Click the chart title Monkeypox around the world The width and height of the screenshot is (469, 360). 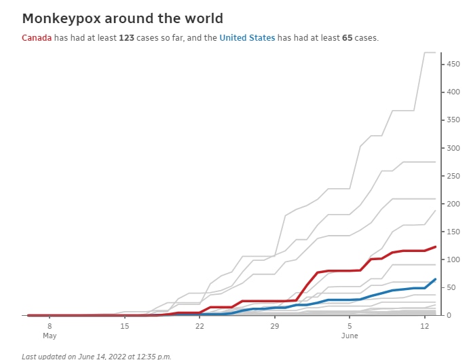(122, 18)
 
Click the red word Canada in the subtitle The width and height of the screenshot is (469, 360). (37, 38)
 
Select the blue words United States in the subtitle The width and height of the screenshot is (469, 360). (248, 38)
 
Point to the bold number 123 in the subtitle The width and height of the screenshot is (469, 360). (126, 38)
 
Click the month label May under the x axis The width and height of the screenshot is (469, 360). (50, 336)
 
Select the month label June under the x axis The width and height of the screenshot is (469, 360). (350, 336)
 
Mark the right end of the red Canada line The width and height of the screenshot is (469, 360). (435, 247)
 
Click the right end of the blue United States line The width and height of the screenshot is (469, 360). (435, 279)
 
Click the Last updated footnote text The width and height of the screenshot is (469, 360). (96, 356)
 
